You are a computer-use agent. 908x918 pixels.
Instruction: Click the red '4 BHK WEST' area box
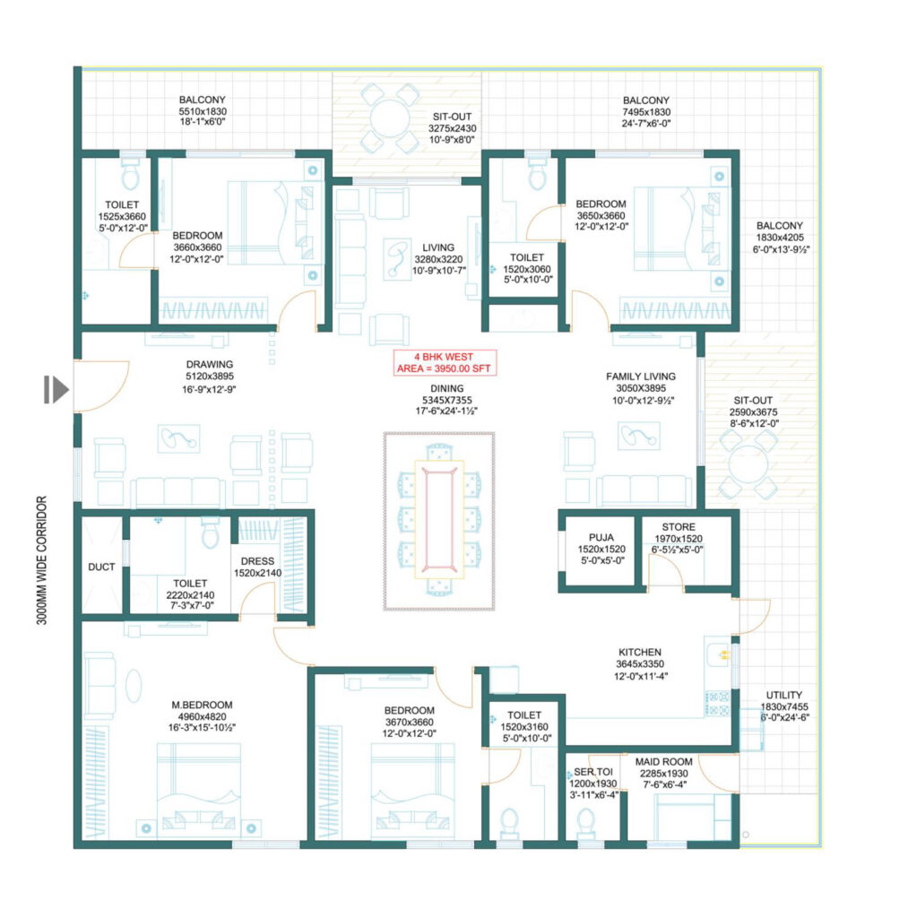coord(445,362)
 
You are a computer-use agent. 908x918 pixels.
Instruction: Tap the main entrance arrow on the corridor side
coord(56,389)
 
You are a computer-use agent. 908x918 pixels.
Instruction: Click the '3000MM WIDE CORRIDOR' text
coord(41,560)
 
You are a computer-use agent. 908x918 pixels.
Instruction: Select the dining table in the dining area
coord(439,519)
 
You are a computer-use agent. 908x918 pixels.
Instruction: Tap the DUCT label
coord(101,567)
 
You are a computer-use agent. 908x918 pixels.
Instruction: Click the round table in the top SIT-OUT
coord(389,118)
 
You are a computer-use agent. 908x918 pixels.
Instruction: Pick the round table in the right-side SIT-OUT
coord(748,464)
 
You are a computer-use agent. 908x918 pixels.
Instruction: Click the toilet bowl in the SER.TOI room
coord(586,824)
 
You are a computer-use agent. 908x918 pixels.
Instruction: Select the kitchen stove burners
coord(718,704)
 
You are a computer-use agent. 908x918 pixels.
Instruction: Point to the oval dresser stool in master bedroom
coord(134,685)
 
